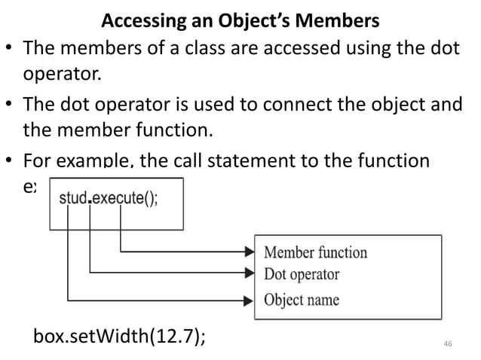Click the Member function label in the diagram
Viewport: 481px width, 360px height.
(315, 252)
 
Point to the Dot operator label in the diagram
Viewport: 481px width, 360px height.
(302, 274)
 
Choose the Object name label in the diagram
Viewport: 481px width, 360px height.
(301, 300)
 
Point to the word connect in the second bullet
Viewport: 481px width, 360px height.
(289, 105)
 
